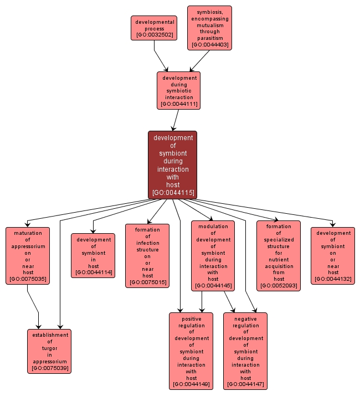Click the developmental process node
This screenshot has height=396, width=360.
click(x=154, y=28)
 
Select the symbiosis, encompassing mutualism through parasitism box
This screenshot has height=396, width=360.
click(x=209, y=28)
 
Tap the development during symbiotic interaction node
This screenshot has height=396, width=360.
click(x=178, y=90)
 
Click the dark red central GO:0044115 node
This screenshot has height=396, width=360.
click(x=172, y=164)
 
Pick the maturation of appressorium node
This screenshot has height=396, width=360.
click(x=28, y=255)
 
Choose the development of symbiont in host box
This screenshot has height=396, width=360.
click(x=93, y=255)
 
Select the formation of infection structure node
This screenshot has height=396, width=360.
click(x=147, y=255)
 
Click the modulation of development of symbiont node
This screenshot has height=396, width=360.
click(x=213, y=255)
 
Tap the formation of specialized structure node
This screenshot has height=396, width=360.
click(x=278, y=255)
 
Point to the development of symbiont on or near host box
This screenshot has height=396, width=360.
click(x=333, y=255)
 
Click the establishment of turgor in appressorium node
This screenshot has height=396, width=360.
click(x=49, y=351)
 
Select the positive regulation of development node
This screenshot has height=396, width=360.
click(x=191, y=351)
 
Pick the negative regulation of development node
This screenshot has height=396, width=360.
click(x=245, y=351)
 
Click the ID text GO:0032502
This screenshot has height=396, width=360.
click(x=154, y=35)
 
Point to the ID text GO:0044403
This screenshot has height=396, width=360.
click(x=209, y=45)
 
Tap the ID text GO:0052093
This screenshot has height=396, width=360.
click(x=278, y=286)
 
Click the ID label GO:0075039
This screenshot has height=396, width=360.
click(x=49, y=368)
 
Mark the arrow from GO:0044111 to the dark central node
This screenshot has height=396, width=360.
click(x=176, y=119)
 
